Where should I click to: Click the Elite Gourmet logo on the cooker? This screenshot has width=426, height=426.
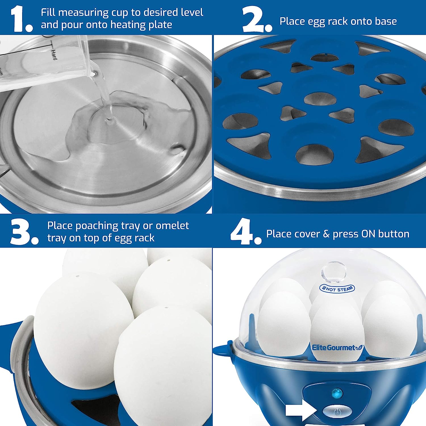click(x=338, y=347)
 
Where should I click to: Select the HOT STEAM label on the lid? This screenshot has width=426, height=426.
click(x=337, y=289)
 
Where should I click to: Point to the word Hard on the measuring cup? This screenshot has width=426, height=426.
click(x=54, y=54)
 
